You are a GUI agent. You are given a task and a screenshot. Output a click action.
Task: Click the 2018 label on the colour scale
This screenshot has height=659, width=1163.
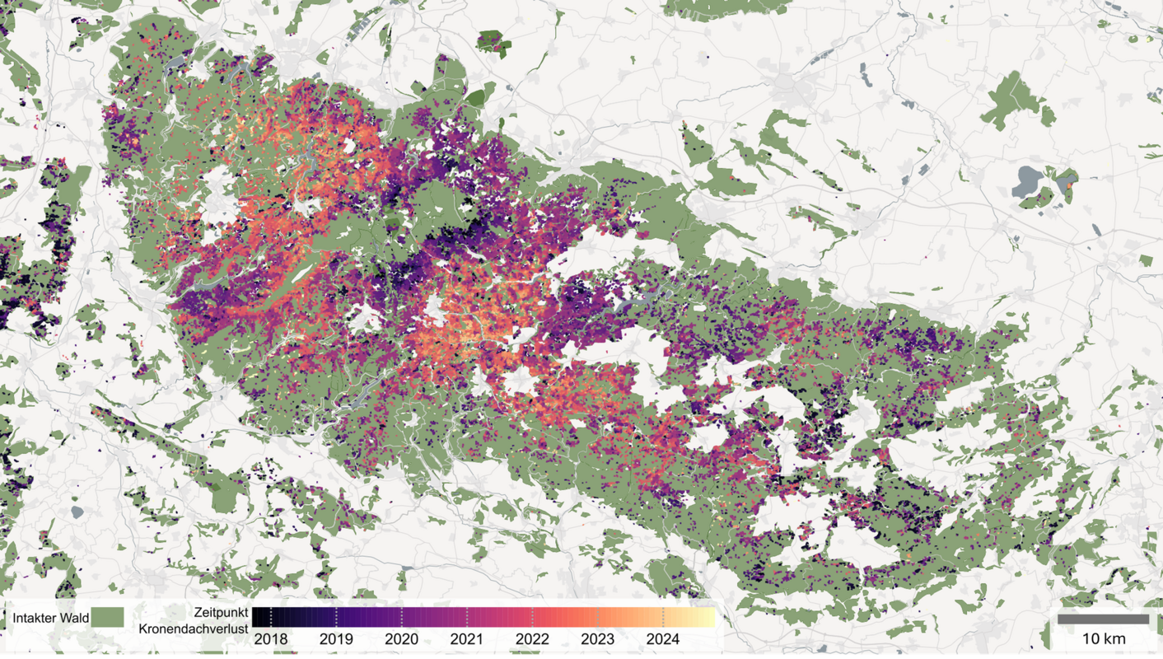click(x=271, y=639)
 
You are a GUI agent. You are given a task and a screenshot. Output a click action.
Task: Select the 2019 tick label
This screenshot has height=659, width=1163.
click(x=336, y=639)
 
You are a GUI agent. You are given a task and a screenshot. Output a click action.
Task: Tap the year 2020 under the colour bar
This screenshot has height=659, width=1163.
click(x=401, y=639)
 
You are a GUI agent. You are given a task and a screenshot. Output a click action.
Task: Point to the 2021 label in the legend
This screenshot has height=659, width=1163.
click(x=467, y=639)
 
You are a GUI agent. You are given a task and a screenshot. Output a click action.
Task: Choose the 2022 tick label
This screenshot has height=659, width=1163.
click(x=532, y=639)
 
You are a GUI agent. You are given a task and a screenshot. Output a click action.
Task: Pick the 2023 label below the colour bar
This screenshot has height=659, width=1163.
click(x=597, y=639)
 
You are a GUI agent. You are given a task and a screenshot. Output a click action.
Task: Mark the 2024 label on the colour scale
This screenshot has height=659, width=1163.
click(x=663, y=639)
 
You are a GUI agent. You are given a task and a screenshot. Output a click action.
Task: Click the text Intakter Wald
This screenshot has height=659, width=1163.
click(x=50, y=618)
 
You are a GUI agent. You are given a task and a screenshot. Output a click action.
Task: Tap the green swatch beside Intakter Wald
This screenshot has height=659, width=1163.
click(x=107, y=617)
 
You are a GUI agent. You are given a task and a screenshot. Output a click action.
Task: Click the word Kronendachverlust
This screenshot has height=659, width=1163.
click(x=194, y=629)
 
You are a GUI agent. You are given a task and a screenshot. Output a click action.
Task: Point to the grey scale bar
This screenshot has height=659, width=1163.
click(x=1103, y=619)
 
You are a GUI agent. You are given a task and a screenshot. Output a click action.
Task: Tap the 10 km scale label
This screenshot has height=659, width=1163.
click(x=1103, y=639)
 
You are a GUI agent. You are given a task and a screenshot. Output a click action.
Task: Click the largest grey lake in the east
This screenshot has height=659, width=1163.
click(x=1028, y=178)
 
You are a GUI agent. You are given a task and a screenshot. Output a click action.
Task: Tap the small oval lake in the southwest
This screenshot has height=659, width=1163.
click(x=77, y=512)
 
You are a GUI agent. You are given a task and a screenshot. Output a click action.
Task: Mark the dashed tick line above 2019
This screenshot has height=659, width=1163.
click(x=336, y=617)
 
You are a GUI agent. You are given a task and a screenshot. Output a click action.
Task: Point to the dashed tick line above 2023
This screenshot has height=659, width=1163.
click(x=598, y=617)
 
